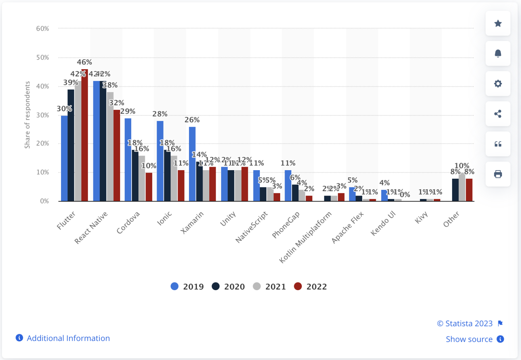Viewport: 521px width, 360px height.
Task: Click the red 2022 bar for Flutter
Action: point(84,136)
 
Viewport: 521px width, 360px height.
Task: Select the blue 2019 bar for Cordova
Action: point(128,159)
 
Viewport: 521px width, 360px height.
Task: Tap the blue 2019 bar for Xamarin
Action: point(192,164)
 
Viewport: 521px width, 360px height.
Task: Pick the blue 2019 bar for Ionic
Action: point(160,161)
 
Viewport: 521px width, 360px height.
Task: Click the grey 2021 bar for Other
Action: point(462,187)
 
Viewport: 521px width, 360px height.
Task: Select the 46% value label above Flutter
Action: point(84,62)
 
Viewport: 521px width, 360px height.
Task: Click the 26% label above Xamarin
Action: point(192,120)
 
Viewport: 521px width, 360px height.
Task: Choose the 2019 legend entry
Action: point(187,286)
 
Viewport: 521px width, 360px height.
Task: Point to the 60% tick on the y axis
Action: point(43,28)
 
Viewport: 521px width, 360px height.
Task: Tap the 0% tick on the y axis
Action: point(44,201)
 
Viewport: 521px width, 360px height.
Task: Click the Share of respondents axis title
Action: point(27,115)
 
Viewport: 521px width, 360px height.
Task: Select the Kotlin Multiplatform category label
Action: point(305,237)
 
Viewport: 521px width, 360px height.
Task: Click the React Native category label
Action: point(91,227)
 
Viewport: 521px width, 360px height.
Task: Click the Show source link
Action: point(469,339)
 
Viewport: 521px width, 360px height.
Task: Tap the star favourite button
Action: point(498,23)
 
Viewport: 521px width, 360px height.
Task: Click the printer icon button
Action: point(498,174)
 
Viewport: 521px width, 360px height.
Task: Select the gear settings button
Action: point(498,84)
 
